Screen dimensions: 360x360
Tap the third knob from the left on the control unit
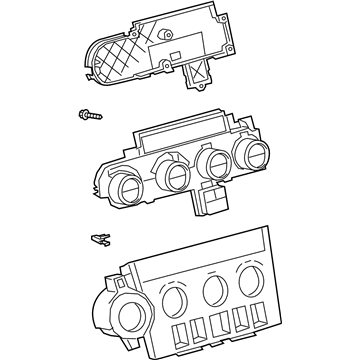214,163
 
